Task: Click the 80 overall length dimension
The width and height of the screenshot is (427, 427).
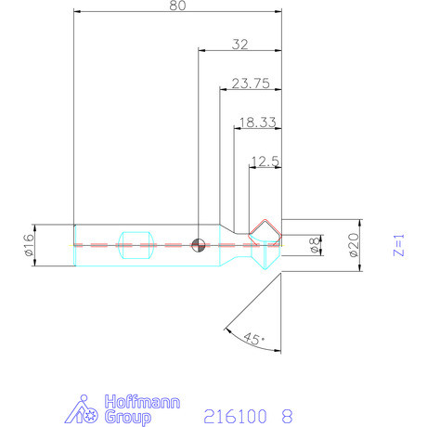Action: click(x=177, y=6)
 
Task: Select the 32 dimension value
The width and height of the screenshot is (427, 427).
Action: click(x=240, y=45)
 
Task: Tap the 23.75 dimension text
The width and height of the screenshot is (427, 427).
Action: click(x=251, y=84)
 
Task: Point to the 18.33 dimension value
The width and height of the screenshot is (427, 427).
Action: click(x=257, y=123)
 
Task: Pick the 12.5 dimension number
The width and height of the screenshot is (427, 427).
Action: click(x=265, y=162)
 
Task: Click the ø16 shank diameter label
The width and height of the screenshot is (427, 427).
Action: click(x=29, y=245)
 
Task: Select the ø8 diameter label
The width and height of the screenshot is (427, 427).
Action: click(x=315, y=245)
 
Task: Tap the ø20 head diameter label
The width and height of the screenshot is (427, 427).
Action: click(x=354, y=245)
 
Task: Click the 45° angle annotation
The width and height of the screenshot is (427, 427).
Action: click(x=254, y=339)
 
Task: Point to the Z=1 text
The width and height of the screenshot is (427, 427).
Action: click(x=398, y=245)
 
